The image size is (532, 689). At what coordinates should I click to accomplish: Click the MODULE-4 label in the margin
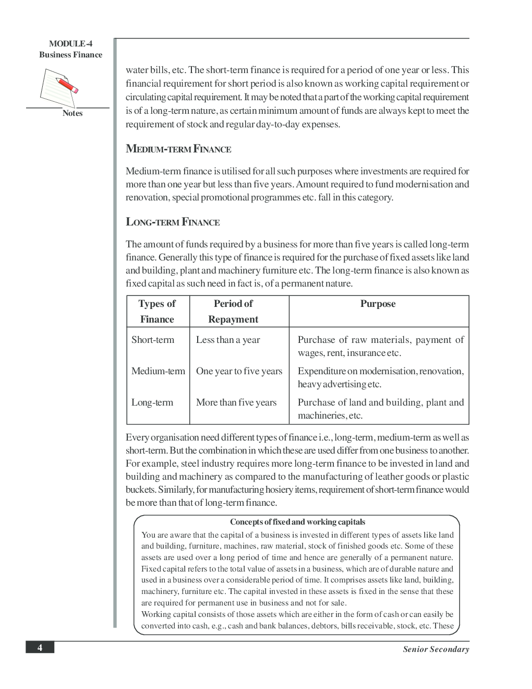pyautogui.click(x=70, y=44)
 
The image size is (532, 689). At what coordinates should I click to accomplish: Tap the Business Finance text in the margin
pyautogui.click(x=70, y=55)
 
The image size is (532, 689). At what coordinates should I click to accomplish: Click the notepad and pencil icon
pyautogui.click(x=59, y=88)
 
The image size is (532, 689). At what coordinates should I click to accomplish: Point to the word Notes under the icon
pyautogui.click(x=72, y=113)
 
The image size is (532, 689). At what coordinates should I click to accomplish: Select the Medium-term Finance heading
pyautogui.click(x=178, y=149)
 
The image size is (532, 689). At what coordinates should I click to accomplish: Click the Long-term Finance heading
pyautogui.click(x=173, y=222)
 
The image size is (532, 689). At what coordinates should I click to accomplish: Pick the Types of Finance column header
pyautogui.click(x=157, y=311)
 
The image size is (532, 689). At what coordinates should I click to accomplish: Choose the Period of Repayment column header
pyautogui.click(x=233, y=311)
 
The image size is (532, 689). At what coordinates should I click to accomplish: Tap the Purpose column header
pyautogui.click(x=378, y=304)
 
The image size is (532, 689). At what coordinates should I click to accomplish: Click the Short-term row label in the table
pyautogui.click(x=153, y=340)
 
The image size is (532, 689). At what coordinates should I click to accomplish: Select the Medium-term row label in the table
pyautogui.click(x=158, y=371)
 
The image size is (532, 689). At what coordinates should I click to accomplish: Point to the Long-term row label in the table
pyautogui.click(x=152, y=402)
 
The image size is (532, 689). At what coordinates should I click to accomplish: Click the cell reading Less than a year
pyautogui.click(x=228, y=340)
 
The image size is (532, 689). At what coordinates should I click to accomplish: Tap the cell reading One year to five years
pyautogui.click(x=239, y=371)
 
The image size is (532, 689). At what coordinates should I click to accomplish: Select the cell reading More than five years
pyautogui.click(x=236, y=402)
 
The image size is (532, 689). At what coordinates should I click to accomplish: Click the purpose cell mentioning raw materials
pyautogui.click(x=380, y=346)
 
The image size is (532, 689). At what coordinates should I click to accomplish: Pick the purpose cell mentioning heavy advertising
pyautogui.click(x=380, y=377)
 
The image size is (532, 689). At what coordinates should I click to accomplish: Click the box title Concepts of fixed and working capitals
pyautogui.click(x=297, y=522)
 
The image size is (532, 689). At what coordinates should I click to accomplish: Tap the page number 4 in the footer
pyautogui.click(x=40, y=648)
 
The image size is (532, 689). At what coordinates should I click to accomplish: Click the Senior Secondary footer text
pyautogui.click(x=436, y=649)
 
